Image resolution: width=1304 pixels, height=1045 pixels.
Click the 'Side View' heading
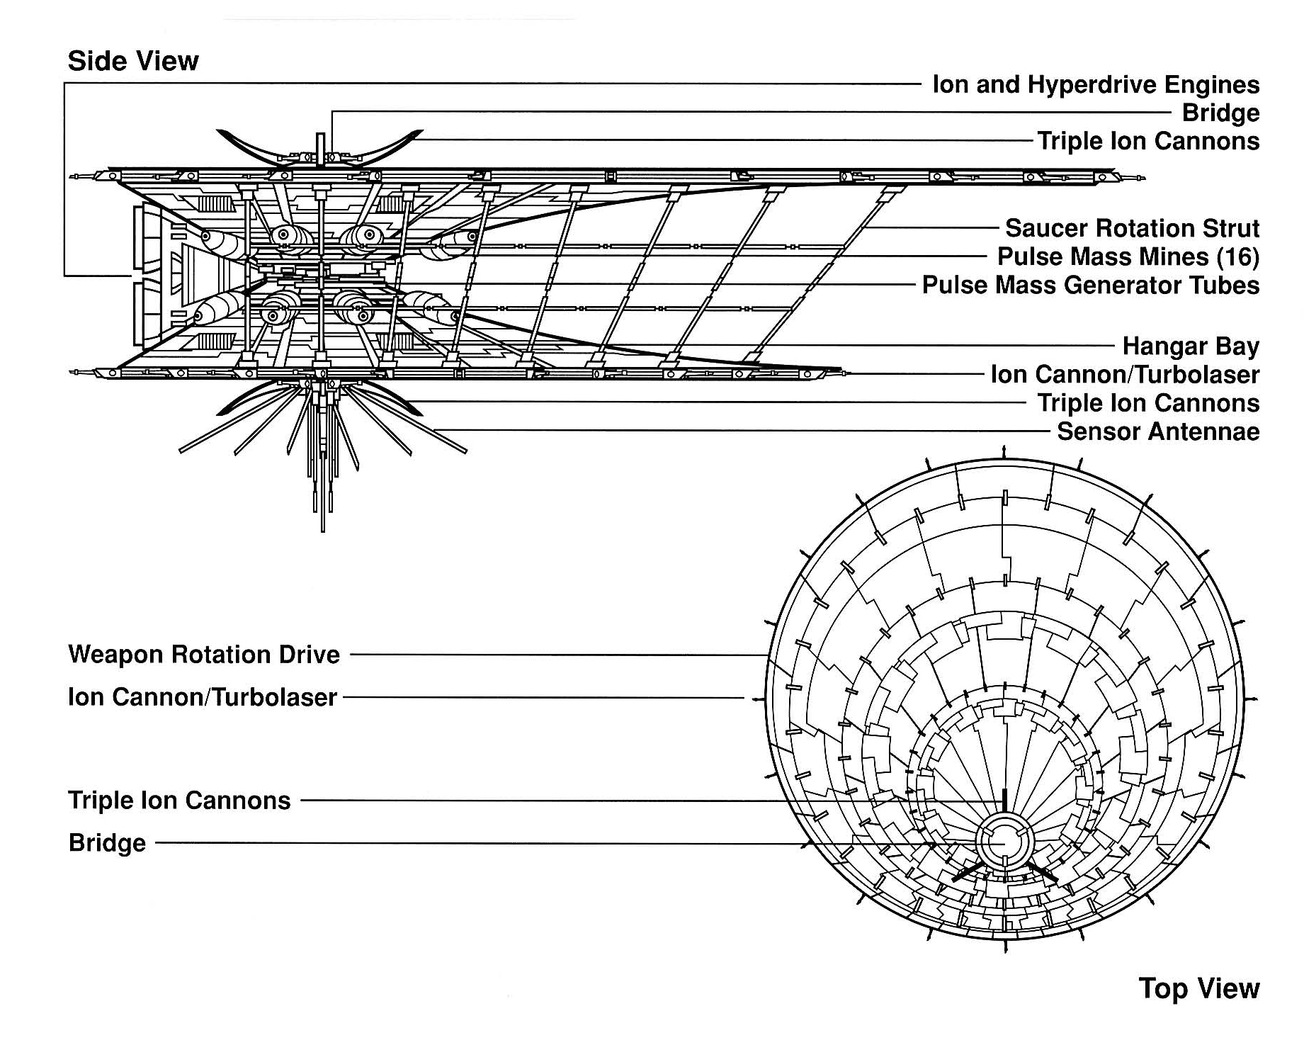(133, 62)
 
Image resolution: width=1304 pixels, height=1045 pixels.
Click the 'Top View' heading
(1199, 988)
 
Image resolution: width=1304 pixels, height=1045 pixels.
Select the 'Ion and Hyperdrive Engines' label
(1096, 85)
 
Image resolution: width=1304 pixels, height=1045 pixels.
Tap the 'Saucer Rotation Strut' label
(1132, 228)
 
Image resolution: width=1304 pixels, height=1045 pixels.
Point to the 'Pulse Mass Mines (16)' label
(1128, 256)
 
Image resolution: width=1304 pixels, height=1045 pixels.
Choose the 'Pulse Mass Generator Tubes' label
(1091, 286)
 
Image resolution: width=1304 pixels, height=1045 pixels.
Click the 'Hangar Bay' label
(1191, 346)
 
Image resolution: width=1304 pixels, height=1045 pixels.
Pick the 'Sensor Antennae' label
(1158, 431)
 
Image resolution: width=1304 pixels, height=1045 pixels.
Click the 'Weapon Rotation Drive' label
(204, 655)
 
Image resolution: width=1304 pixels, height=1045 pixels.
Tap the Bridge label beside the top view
(107, 843)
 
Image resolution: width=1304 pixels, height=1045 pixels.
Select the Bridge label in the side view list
(1220, 113)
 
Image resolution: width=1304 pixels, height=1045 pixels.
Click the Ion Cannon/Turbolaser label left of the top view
(203, 697)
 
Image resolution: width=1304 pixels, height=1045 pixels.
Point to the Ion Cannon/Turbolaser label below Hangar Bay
(1125, 375)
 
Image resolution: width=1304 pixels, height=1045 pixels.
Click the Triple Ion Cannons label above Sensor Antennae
(1148, 403)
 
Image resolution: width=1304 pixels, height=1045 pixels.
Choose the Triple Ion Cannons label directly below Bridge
(1148, 142)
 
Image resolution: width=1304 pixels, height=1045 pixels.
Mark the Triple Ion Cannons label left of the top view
(179, 801)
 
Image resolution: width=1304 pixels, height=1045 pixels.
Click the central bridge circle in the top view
(1002, 843)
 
